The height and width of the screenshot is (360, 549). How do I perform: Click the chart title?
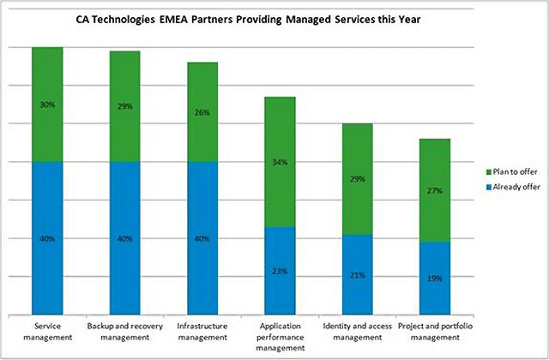point(248,19)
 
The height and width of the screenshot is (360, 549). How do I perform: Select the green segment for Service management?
point(47,105)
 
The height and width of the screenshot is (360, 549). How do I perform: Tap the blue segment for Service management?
point(47,238)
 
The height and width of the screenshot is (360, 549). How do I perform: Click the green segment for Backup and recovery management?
point(125,106)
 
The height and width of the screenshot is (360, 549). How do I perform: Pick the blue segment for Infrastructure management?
point(202,238)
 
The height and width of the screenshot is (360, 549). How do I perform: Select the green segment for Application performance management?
point(281,162)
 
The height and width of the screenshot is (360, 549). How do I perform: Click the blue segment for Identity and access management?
point(358,274)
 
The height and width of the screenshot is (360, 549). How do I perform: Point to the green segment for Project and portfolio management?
point(435,190)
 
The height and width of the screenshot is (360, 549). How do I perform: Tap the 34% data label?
point(281,162)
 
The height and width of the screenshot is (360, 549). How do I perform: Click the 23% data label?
point(281,271)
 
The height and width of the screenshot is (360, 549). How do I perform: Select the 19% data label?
point(435,279)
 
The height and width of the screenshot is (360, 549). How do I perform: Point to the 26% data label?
point(202,112)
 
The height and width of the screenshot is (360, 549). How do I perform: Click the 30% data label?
point(47,105)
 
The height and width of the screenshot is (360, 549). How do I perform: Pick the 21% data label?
point(358,275)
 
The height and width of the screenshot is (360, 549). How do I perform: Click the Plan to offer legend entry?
point(512,171)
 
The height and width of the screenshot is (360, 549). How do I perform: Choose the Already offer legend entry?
point(513,187)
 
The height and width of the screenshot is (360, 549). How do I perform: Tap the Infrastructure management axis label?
point(202,332)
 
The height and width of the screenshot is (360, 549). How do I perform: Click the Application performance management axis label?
point(281,337)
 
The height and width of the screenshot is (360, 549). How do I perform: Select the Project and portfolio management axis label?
point(435,332)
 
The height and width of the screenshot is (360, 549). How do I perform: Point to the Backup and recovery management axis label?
point(125,332)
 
